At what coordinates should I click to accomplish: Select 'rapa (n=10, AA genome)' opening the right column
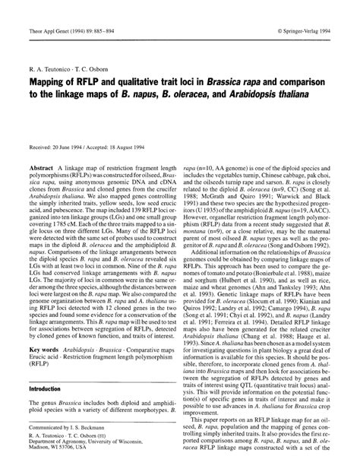(x=221, y=166)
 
